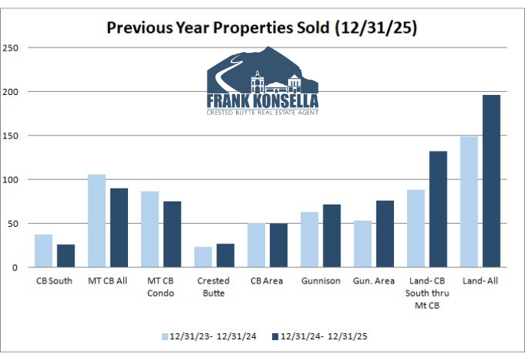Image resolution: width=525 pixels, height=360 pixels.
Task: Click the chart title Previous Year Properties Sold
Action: (262, 28)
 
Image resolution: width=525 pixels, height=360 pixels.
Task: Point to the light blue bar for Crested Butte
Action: (203, 257)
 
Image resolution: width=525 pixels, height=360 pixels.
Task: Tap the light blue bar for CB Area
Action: (257, 245)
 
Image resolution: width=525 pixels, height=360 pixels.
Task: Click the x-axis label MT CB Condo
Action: (160, 286)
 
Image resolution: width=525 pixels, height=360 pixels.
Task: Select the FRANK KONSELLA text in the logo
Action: (262, 100)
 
